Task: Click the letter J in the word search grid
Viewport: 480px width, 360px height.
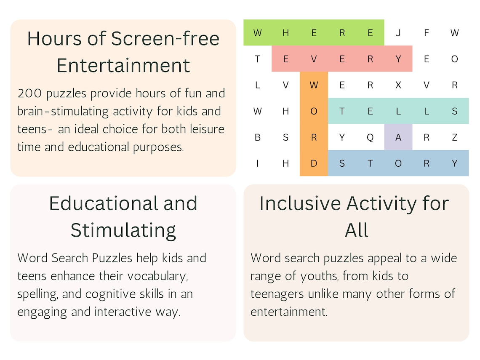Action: [x=398, y=33]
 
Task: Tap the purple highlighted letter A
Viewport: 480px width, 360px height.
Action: [x=398, y=137]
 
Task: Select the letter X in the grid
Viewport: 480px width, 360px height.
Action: [x=398, y=85]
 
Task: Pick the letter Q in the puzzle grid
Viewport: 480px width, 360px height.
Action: [x=370, y=137]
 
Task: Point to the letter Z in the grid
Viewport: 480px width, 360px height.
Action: [x=454, y=137]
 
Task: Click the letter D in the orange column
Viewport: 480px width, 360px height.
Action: [x=314, y=163]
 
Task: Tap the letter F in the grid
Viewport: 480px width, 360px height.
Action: [x=426, y=33]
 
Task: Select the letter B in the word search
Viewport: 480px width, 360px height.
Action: [x=257, y=137]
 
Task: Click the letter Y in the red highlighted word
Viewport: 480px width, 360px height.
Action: [x=398, y=59]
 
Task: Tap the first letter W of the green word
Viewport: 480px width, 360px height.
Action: [x=257, y=33]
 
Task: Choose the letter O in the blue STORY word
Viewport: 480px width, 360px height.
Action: [x=398, y=163]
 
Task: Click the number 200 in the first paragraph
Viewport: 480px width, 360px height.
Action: [x=32, y=93]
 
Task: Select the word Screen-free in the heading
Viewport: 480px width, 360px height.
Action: [x=165, y=39]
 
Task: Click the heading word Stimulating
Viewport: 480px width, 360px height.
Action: [x=123, y=230]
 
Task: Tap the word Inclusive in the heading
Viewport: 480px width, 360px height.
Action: [x=300, y=203]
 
